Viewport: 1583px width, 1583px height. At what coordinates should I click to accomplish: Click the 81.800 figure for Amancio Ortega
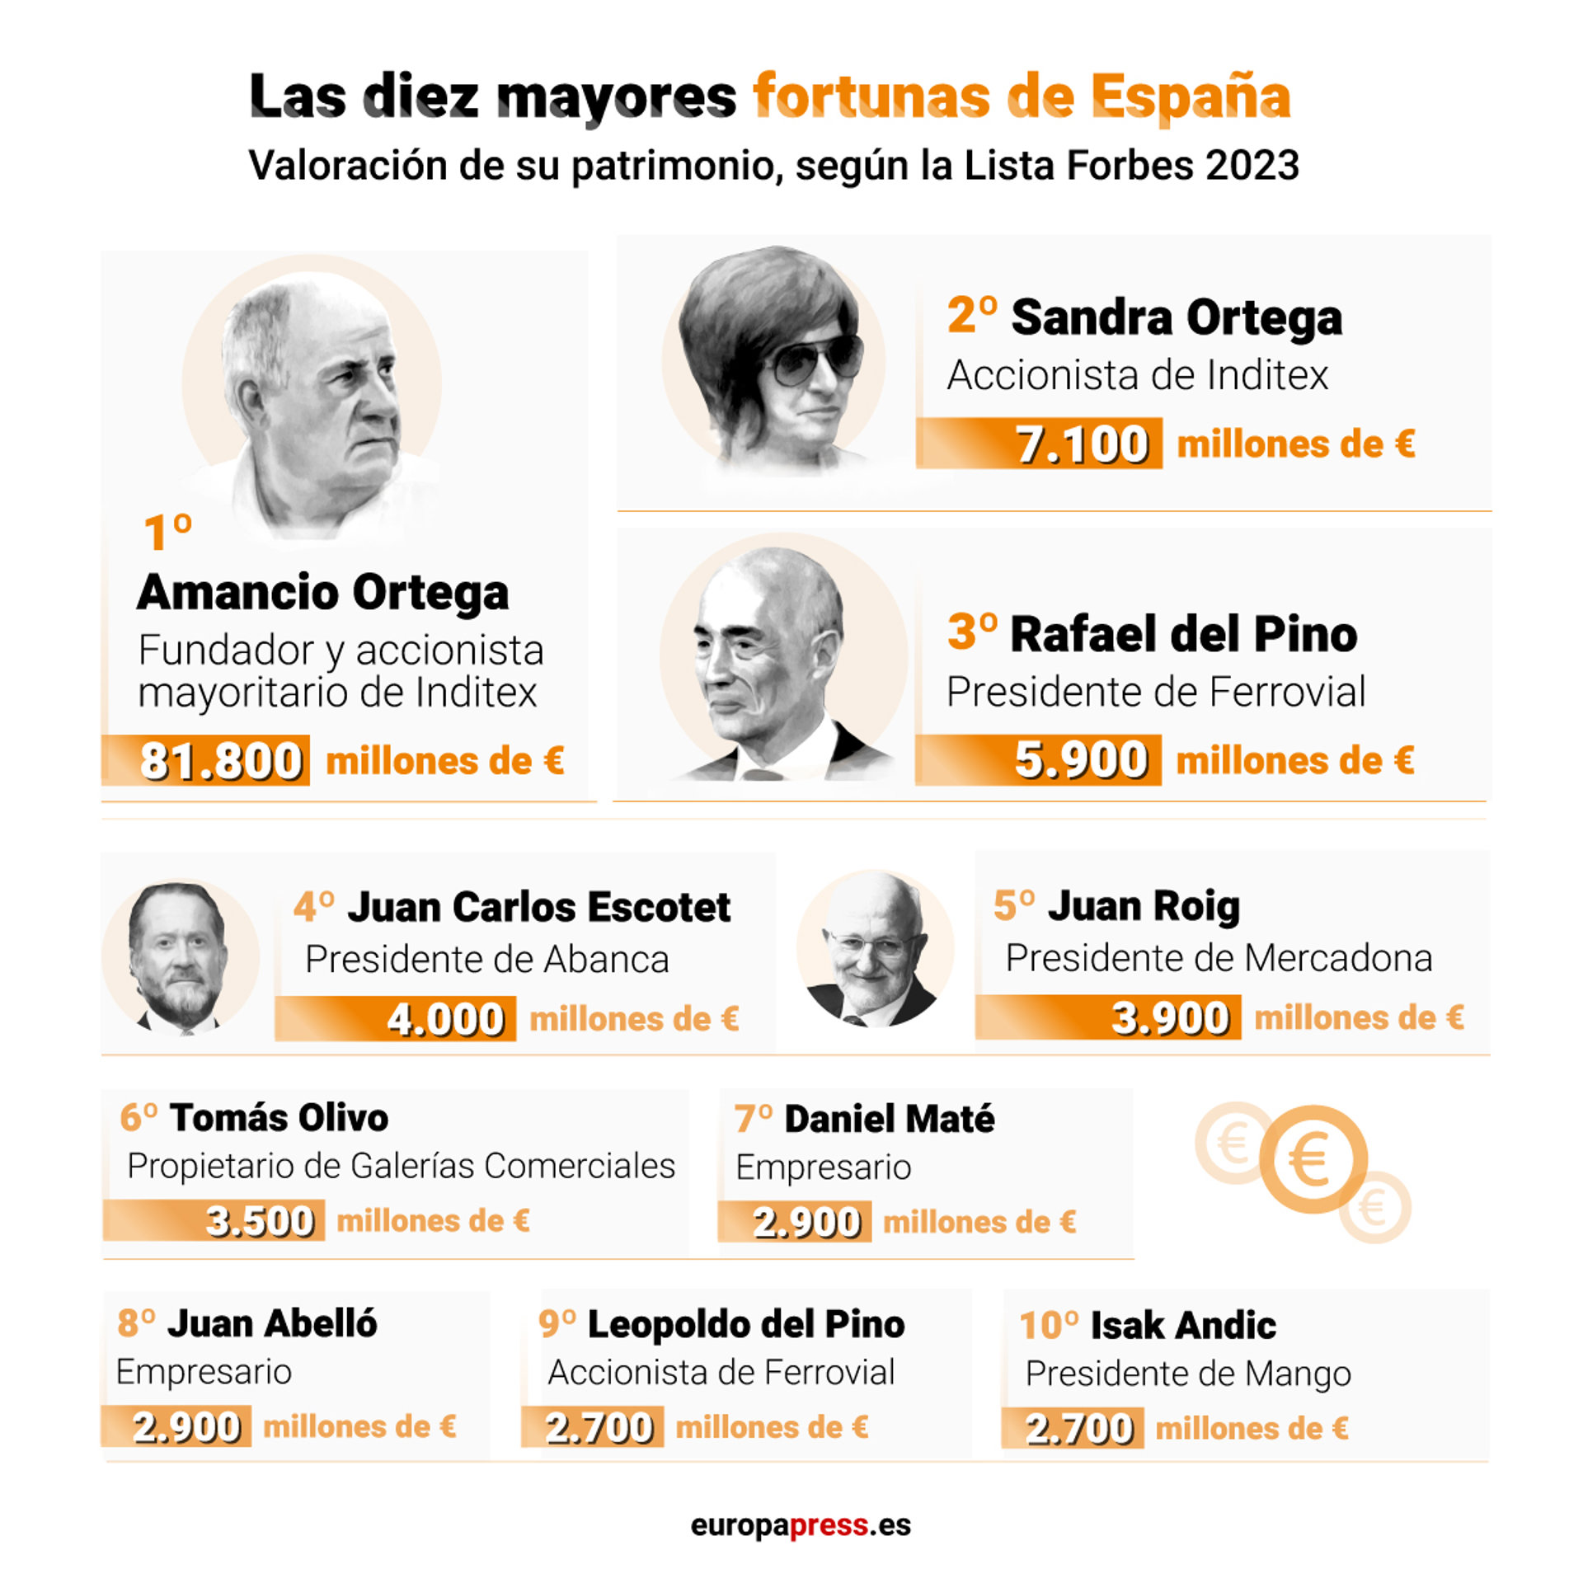(220, 760)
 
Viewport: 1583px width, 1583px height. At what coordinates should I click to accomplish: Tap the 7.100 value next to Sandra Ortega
(1081, 444)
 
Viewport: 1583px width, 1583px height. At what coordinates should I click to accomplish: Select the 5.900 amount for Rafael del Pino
(1080, 759)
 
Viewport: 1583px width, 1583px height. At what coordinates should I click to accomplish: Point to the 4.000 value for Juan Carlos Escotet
(445, 1019)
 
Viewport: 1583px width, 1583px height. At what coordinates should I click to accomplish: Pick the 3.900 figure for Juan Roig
(1170, 1017)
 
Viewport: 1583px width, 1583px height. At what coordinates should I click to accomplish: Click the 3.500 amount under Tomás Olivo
(260, 1221)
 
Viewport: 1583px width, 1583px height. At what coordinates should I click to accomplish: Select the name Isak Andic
(1182, 1325)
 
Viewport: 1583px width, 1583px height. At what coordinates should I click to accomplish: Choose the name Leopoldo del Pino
(745, 1324)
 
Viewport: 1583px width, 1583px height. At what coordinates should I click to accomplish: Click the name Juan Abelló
(272, 1323)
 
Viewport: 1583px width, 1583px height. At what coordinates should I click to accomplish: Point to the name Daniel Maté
(889, 1119)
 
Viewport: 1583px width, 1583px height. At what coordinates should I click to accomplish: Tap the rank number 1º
(167, 532)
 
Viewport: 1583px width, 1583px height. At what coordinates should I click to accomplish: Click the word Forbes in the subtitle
(1130, 165)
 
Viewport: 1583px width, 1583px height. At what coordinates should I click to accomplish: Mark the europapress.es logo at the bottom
(801, 1524)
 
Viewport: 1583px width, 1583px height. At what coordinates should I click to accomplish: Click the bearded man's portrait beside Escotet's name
(179, 956)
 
